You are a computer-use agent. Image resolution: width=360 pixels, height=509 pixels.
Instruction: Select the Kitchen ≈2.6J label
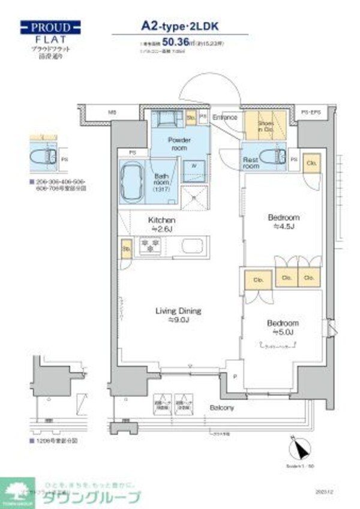(x=161, y=224)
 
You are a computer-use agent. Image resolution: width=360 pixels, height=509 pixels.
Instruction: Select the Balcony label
(x=222, y=408)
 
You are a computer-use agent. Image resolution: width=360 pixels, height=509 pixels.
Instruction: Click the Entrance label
(x=224, y=118)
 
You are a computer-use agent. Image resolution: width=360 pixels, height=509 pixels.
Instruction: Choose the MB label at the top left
(x=112, y=112)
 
